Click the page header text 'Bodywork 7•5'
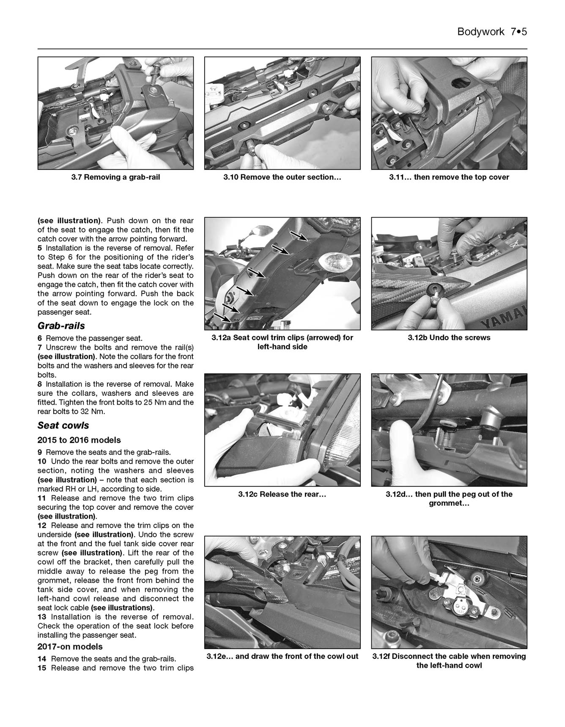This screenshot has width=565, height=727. (492, 32)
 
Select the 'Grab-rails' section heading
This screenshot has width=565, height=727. (61, 326)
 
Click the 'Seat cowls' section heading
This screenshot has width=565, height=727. (63, 426)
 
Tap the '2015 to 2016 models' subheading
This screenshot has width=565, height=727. (79, 440)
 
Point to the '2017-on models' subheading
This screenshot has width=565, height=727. (70, 647)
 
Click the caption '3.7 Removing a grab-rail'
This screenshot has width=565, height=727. (115, 177)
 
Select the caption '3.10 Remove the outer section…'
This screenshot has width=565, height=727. (282, 177)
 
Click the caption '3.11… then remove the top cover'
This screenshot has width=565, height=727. (449, 177)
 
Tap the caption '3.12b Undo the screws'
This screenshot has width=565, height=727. (449, 338)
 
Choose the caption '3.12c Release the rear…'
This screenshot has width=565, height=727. (282, 494)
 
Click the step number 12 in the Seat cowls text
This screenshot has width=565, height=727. (41, 525)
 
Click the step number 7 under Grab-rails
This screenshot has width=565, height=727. (39, 348)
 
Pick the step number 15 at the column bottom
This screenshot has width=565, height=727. (41, 668)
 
